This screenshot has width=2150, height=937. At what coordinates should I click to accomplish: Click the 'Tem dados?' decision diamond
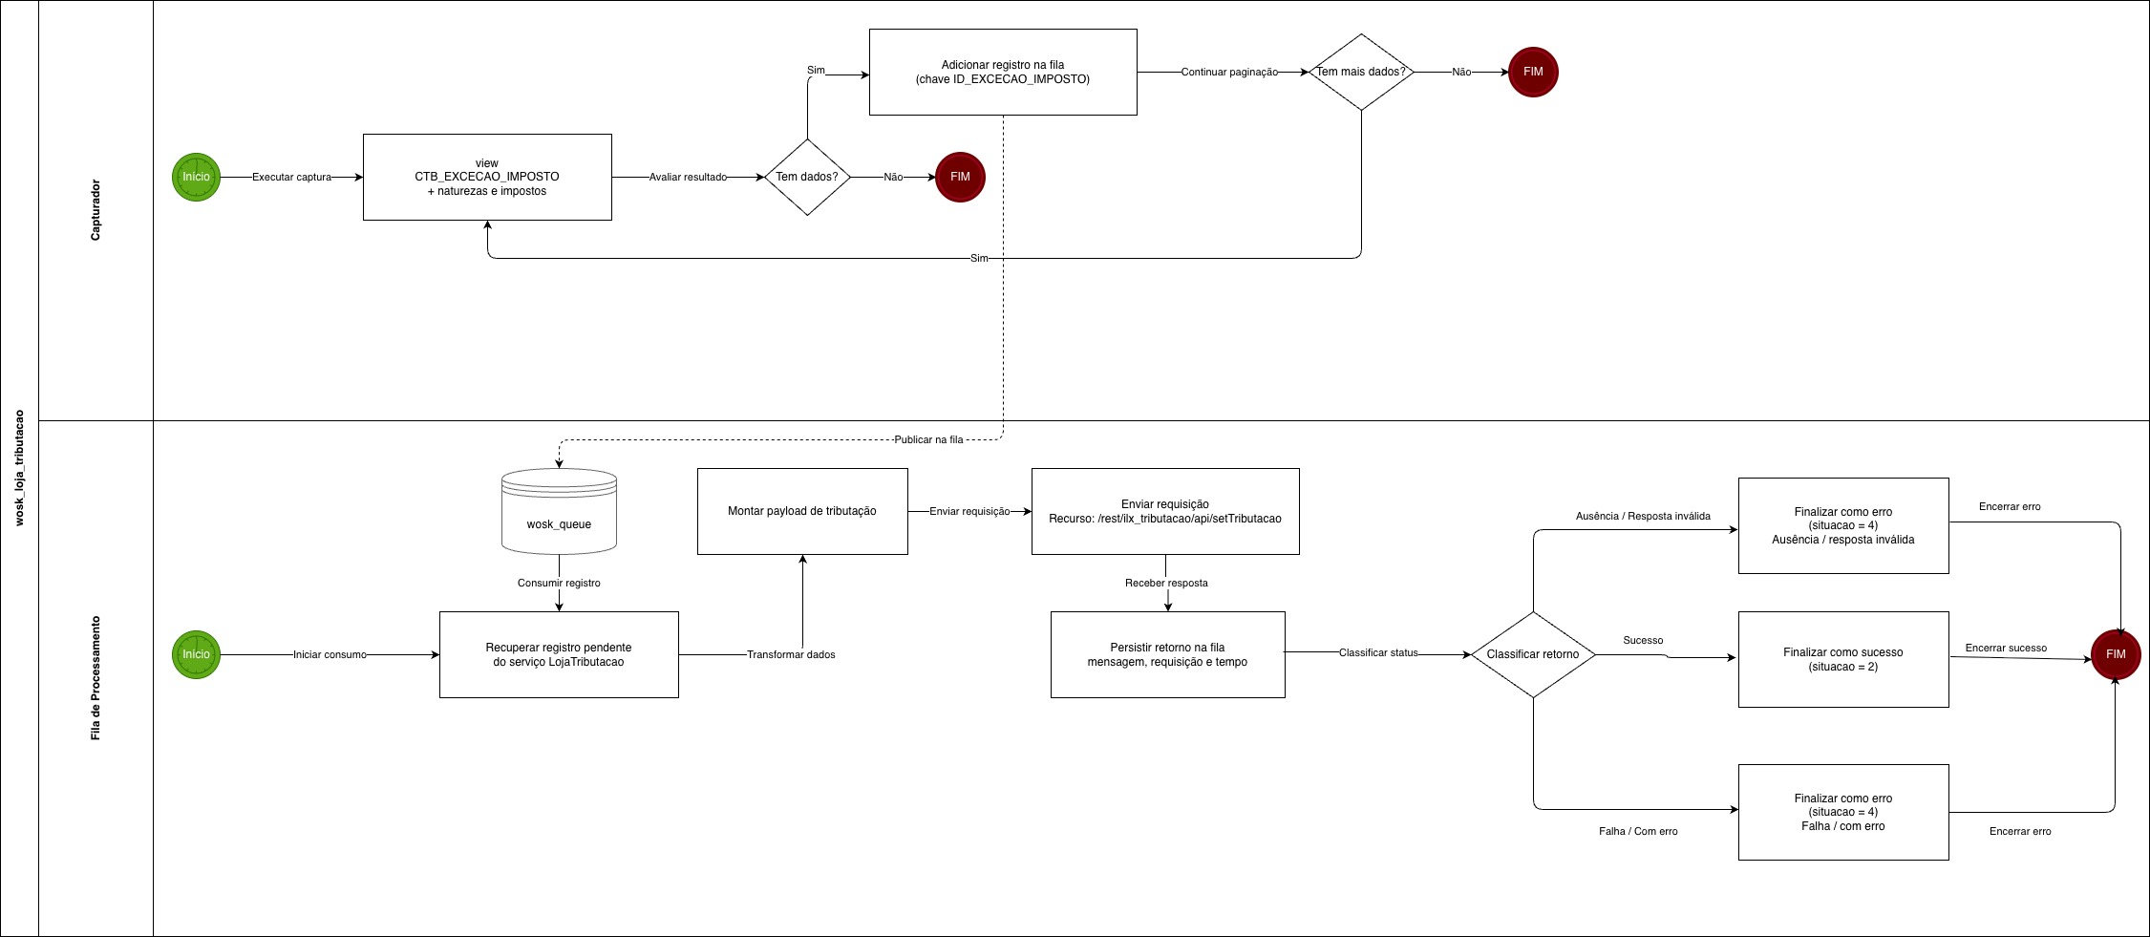[x=807, y=177]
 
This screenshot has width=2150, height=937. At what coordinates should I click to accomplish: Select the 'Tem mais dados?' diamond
[x=1360, y=73]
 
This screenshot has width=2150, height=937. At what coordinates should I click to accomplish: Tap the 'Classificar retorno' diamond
[x=1532, y=654]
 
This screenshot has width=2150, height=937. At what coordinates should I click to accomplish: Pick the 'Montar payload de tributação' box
[x=801, y=511]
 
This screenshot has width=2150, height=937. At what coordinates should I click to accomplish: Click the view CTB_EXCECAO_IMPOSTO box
[x=487, y=177]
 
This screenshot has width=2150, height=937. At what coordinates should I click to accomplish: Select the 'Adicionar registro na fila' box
[x=1002, y=72]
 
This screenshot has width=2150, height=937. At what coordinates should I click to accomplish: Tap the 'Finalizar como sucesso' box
[x=1842, y=659]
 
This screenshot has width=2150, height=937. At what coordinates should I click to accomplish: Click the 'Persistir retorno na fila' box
[x=1167, y=654]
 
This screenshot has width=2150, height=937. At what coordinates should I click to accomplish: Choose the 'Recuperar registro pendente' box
[x=559, y=654]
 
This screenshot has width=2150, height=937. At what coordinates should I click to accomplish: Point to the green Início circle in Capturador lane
[x=196, y=177]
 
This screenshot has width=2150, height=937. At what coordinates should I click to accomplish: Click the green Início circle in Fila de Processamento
[x=196, y=654]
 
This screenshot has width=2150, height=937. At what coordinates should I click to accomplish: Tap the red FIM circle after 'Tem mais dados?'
[x=1532, y=72]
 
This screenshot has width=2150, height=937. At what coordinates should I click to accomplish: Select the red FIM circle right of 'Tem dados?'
[x=959, y=177]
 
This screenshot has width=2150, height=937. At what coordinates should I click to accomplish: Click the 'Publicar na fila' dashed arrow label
[x=928, y=439]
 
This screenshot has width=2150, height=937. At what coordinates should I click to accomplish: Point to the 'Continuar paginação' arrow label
[x=1228, y=72]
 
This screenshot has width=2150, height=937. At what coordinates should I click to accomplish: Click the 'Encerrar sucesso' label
[x=2005, y=648]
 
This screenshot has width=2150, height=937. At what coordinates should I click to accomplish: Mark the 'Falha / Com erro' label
[x=1637, y=831]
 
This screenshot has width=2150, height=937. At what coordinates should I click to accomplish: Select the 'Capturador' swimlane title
[x=96, y=210]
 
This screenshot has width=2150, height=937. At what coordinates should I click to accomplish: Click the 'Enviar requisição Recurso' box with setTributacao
[x=1164, y=511]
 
